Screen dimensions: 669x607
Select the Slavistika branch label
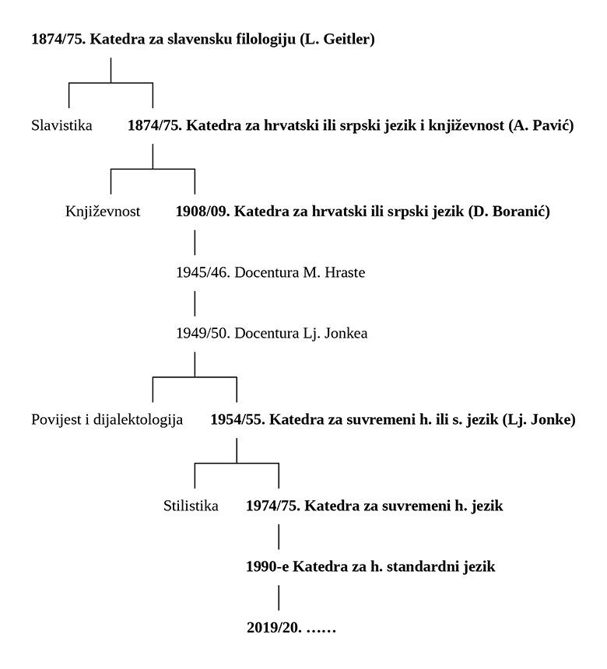(61, 125)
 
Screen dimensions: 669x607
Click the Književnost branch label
(103, 211)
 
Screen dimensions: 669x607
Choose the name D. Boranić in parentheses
(510, 211)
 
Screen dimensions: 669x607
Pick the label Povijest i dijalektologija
(107, 421)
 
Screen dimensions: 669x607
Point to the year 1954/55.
(237, 421)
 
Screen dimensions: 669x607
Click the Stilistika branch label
(191, 506)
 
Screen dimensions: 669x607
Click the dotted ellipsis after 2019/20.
(319, 628)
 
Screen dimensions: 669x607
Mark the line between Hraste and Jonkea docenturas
(195, 303)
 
